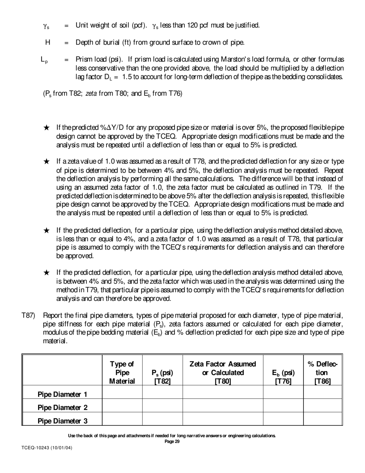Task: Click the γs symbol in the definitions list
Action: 46,26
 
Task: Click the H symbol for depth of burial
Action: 48,42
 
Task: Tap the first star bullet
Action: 46,128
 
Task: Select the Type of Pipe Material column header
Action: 122,373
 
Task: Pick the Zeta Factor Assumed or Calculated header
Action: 223,373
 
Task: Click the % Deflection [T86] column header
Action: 322,373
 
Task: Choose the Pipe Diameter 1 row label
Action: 62,395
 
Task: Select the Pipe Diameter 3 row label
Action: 62,421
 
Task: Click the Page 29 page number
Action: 172,441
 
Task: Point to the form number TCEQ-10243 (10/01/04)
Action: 46,448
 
